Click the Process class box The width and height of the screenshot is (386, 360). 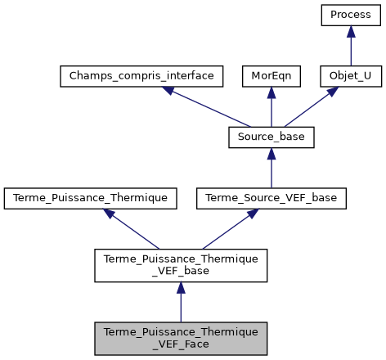coord(350,15)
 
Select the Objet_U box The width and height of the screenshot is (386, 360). coord(350,76)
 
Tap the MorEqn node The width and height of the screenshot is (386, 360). coord(270,76)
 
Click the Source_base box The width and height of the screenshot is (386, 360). coord(270,137)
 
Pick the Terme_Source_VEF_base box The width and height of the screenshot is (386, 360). coord(270,197)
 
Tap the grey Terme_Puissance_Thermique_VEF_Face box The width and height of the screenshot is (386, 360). coord(181,337)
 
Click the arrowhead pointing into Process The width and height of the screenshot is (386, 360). coord(350,31)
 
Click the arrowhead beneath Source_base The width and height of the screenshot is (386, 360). coord(270,153)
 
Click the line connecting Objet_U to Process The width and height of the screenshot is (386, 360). coord(350,51)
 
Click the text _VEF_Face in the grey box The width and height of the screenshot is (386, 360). coord(181,344)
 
